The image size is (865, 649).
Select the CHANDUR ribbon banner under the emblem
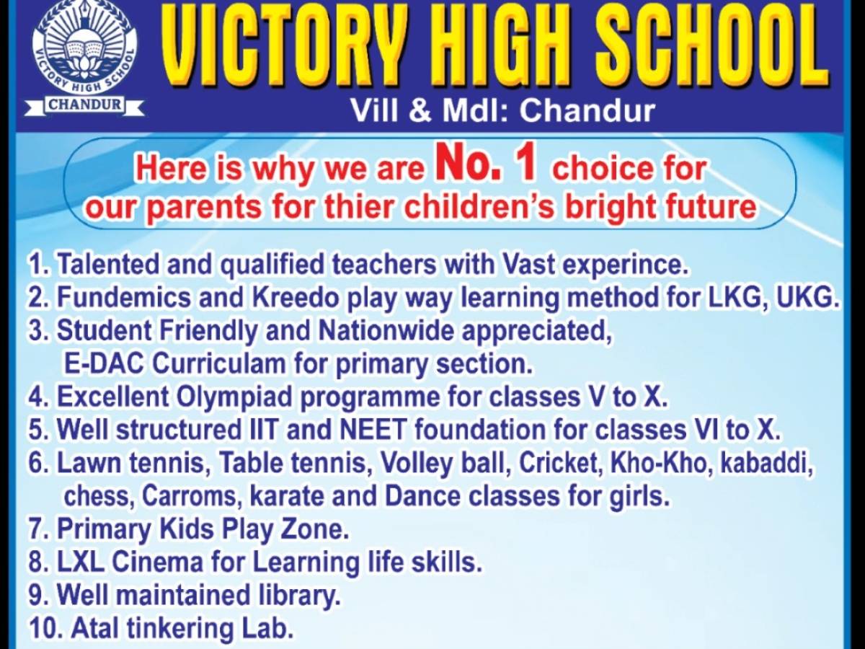tap(84, 105)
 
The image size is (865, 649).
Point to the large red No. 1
tap(486, 165)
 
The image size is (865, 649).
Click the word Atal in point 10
tap(95, 628)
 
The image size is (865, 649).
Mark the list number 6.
tap(37, 464)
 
